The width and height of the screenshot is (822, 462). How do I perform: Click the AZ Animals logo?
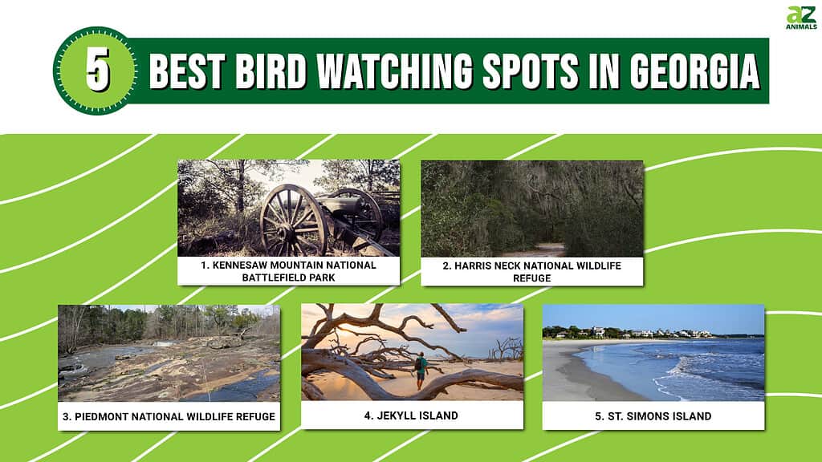pyautogui.click(x=801, y=18)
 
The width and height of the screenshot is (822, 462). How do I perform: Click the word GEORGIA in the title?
pyautogui.click(x=694, y=71)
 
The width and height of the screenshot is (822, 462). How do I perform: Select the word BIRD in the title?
pyautogui.click(x=271, y=71)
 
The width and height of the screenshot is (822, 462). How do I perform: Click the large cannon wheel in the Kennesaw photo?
pyautogui.click(x=294, y=221)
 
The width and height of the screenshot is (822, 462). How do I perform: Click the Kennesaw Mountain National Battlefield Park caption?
pyautogui.click(x=288, y=271)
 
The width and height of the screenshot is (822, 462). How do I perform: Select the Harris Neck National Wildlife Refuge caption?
pyautogui.click(x=531, y=272)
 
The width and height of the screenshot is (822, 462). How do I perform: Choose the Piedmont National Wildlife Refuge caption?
pyautogui.click(x=169, y=416)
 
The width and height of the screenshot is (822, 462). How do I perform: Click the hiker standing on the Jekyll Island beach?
pyautogui.click(x=421, y=370)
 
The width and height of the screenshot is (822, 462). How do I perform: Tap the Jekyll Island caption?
pyautogui.click(x=411, y=415)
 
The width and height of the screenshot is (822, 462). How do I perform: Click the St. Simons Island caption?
pyautogui.click(x=653, y=416)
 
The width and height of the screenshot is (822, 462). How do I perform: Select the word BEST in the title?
pyautogui.click(x=187, y=71)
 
